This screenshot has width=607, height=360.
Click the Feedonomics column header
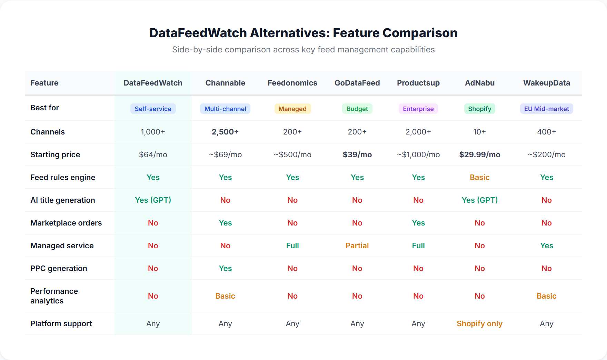point(292,83)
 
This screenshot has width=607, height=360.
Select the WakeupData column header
point(546,83)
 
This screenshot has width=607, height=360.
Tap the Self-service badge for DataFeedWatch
point(153,109)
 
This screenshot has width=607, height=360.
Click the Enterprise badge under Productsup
point(418,109)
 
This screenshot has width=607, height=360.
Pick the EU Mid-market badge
point(546,109)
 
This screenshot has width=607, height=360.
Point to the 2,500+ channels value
point(225,132)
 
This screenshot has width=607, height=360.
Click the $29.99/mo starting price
point(479,154)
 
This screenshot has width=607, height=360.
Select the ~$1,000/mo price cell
point(418,154)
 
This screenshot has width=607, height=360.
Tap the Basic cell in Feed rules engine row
point(479,177)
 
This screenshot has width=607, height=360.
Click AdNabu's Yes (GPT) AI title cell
point(479,200)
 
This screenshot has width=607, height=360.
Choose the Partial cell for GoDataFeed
point(357,246)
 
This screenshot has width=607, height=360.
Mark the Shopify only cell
point(479,323)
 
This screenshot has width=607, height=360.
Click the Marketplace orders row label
point(66,223)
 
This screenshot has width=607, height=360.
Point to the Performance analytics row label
point(54,296)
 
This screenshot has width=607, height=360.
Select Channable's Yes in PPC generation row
point(225,268)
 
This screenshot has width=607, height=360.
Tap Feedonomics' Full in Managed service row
point(292,246)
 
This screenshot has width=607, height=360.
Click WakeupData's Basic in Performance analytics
point(546,296)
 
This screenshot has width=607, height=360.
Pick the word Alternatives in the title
point(290,33)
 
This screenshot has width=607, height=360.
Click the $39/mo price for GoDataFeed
point(357,154)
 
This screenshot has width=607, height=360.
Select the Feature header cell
point(44,83)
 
